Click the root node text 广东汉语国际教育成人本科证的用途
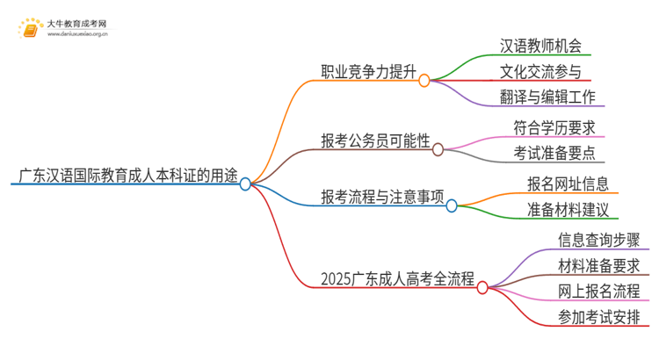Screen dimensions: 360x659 (124, 175)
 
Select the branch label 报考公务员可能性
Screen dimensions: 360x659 (376, 140)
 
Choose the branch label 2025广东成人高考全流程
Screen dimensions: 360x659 (397, 280)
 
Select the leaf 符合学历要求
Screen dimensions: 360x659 (554, 127)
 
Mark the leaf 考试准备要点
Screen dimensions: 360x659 (554, 154)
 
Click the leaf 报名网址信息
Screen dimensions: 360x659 (568, 184)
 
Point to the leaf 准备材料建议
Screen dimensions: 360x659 (568, 210)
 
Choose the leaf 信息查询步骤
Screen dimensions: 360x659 (598, 239)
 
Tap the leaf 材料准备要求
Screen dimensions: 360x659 (598, 264)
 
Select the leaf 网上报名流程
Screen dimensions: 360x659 (598, 291)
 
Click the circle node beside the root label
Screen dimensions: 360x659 (246, 184)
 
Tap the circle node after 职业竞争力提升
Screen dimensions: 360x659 (424, 81)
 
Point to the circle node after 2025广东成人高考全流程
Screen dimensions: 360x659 (482, 286)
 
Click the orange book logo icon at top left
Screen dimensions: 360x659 (30, 30)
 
